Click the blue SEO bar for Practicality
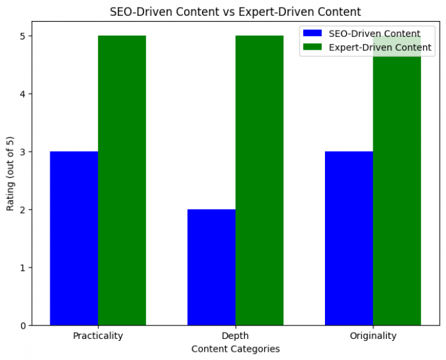74,238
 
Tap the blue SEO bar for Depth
212,267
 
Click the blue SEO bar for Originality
349,238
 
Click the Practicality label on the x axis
98,336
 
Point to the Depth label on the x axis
236,336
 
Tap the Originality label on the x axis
373,336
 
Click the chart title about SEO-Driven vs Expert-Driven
236,11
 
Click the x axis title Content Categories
236,349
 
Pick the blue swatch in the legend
313,33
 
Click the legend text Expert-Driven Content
380,47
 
